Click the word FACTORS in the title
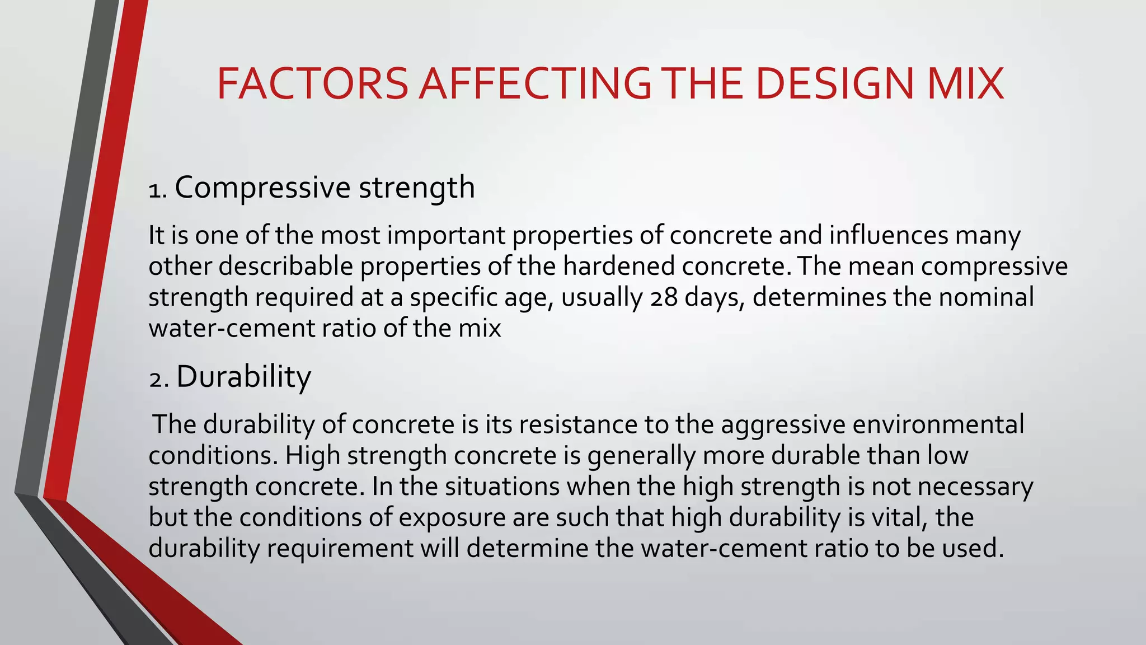tap(312, 84)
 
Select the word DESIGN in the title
tap(834, 84)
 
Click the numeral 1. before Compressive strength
tap(158, 190)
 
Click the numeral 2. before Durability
tap(159, 380)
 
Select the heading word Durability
tap(243, 377)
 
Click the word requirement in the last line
tap(340, 549)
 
